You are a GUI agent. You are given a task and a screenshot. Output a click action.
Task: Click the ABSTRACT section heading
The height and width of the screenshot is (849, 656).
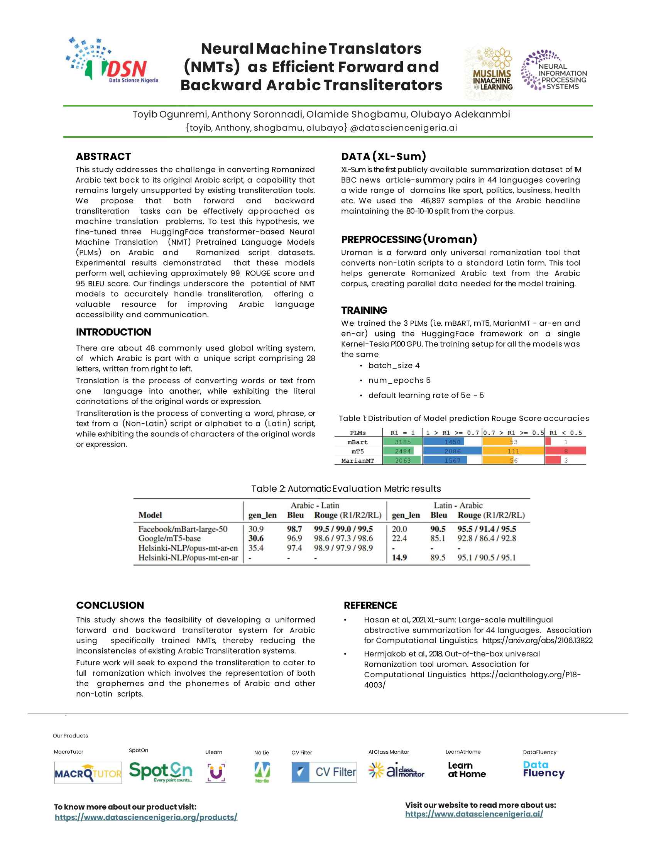pos(103,157)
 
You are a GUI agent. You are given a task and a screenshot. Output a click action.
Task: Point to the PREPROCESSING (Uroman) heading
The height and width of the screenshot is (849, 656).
pos(409,240)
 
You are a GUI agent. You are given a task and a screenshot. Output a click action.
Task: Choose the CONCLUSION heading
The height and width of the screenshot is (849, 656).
pos(110,605)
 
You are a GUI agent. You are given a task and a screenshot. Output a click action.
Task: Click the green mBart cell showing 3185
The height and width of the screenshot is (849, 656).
pos(402,442)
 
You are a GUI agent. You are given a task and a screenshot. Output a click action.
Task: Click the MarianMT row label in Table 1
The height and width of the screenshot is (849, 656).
pos(358,461)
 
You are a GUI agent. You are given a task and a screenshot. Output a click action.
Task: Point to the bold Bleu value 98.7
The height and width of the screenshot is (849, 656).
pos(294,529)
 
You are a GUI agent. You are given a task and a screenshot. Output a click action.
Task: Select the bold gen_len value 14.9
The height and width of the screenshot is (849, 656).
pos(399,558)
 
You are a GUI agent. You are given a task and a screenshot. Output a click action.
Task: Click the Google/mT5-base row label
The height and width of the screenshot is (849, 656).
pos(169,538)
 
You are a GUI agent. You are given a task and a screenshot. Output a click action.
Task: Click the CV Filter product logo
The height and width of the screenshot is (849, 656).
pos(324,772)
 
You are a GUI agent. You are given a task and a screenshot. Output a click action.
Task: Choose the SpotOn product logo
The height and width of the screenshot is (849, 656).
pos(161,772)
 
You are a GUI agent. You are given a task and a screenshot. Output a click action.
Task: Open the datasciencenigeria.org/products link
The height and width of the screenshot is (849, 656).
pos(146,817)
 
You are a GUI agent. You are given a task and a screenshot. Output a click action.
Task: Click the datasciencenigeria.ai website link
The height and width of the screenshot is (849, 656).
pos(474,814)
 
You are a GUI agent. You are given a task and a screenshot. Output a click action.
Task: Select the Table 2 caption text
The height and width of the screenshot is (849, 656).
pos(346,489)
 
